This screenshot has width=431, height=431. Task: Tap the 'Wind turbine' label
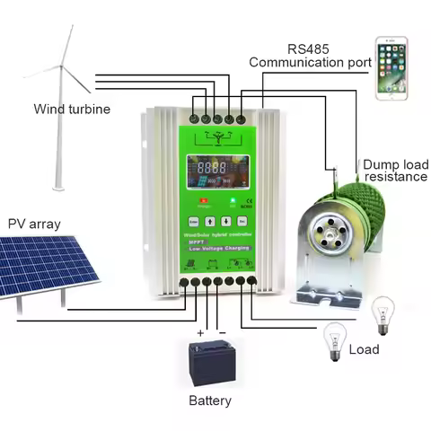tap(72, 109)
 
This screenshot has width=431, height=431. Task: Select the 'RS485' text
tap(309, 47)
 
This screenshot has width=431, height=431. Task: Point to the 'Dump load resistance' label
tap(395, 171)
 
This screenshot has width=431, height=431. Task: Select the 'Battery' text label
tap(210, 400)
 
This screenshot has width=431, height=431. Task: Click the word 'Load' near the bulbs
tap(364, 349)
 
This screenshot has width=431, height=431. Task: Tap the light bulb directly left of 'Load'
tap(331, 340)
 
